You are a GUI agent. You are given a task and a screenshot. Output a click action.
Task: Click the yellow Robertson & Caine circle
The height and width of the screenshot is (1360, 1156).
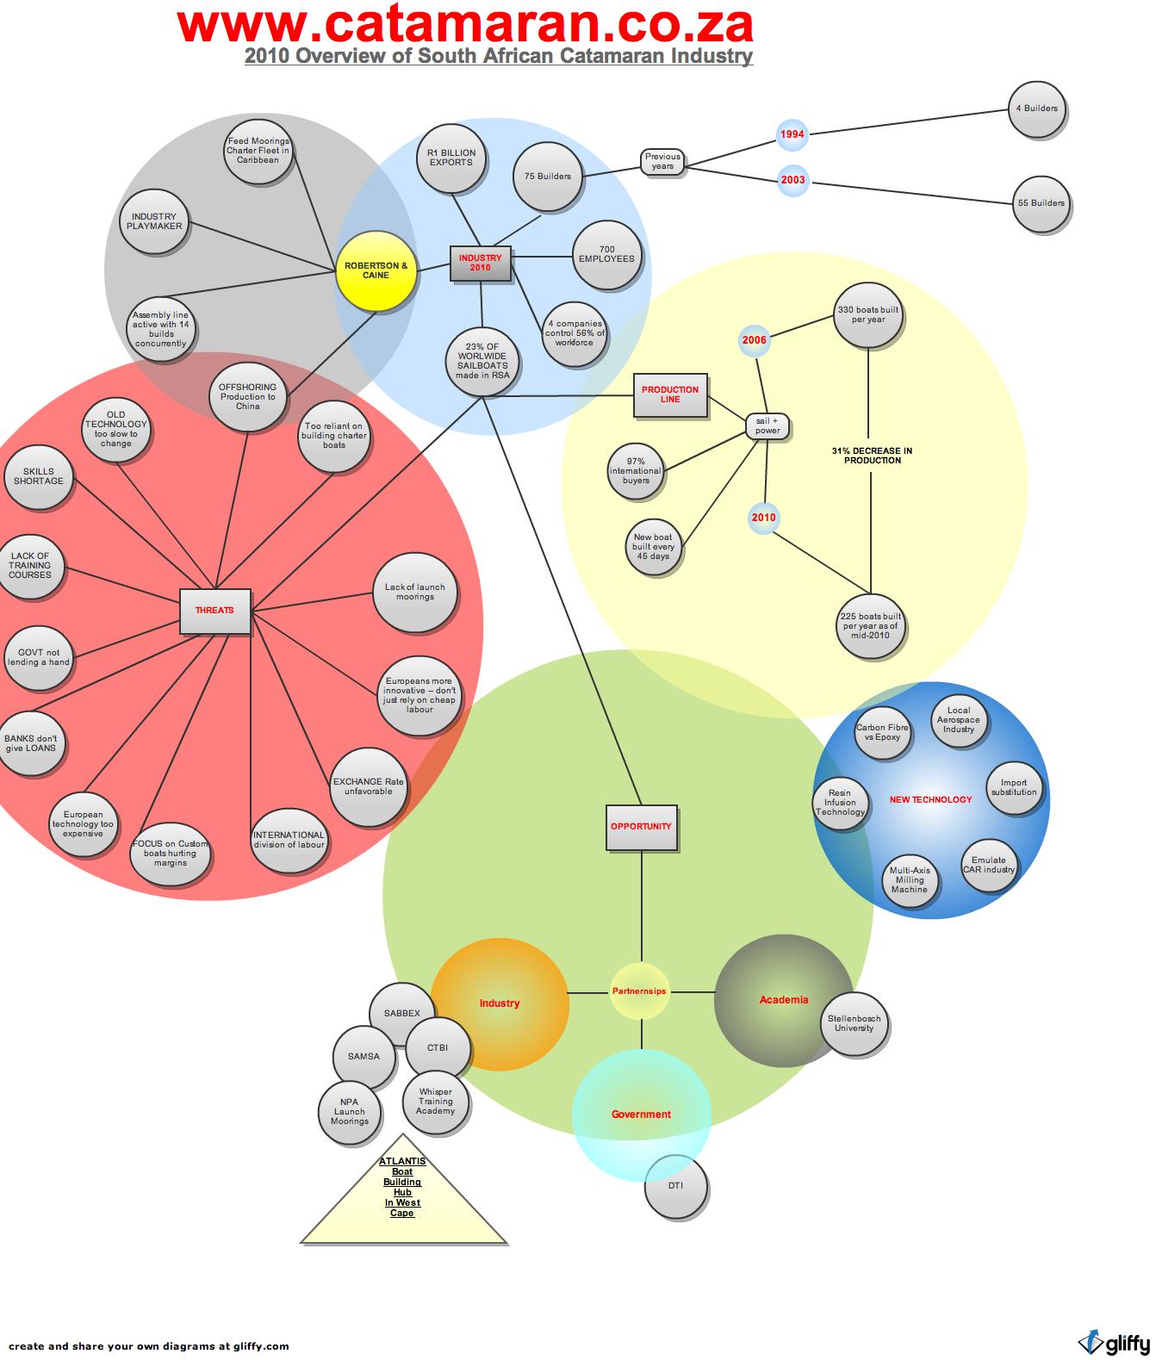(376, 270)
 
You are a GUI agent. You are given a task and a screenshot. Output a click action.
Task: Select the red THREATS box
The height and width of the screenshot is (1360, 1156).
(214, 611)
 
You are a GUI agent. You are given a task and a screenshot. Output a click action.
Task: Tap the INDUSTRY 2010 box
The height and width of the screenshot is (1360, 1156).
(480, 263)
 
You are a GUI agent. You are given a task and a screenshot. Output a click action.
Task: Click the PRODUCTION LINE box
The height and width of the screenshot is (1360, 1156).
(670, 394)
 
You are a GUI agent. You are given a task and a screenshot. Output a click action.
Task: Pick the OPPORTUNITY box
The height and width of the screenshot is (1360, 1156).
(641, 827)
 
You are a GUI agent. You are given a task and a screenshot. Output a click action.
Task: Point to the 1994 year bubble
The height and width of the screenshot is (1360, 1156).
(792, 134)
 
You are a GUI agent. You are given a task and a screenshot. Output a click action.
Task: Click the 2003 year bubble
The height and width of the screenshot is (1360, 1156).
(792, 181)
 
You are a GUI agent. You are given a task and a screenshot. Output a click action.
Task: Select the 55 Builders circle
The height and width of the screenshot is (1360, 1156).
(1041, 204)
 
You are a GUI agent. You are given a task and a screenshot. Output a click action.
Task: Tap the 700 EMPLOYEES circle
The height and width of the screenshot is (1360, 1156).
(606, 255)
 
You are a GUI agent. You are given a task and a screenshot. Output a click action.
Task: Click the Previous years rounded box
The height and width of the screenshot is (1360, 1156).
(662, 162)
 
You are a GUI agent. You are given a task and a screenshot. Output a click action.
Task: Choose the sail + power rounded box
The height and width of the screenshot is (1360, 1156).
(767, 426)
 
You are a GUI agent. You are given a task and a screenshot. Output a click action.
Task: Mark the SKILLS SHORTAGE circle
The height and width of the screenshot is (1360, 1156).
(39, 477)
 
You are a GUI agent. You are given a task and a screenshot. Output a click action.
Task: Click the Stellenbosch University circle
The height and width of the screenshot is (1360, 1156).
(854, 1024)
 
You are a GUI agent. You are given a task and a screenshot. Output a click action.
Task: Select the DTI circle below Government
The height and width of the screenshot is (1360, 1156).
(676, 1186)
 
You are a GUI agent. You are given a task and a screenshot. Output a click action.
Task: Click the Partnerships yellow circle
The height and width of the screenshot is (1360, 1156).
(639, 991)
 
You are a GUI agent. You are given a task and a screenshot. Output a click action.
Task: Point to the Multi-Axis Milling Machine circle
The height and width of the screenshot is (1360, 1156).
(910, 880)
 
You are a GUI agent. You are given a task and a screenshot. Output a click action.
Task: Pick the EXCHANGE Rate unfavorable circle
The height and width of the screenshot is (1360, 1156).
(368, 787)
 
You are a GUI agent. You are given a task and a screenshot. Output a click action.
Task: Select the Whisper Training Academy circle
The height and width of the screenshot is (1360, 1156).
(436, 1102)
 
